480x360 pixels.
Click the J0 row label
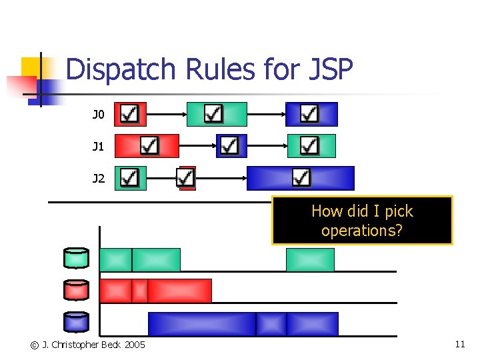coord(98,115)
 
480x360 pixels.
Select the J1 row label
coord(98,146)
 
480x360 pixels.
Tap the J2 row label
coord(98,178)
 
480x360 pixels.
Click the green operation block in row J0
coord(217,114)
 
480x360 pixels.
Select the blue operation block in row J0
coord(311,114)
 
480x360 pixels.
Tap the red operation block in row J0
coord(130,114)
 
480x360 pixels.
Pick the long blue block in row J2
coord(301,178)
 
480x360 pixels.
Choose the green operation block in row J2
coord(130,178)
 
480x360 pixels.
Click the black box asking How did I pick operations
coord(362,221)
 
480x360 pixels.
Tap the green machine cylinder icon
coord(76,257)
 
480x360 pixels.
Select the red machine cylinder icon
coord(76,290)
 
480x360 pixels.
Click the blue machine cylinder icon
coord(76,322)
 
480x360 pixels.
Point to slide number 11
coord(460,344)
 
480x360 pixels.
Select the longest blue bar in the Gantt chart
coord(202,324)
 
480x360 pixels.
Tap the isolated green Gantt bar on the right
coord(310,260)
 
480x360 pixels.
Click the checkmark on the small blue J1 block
coord(229,145)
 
